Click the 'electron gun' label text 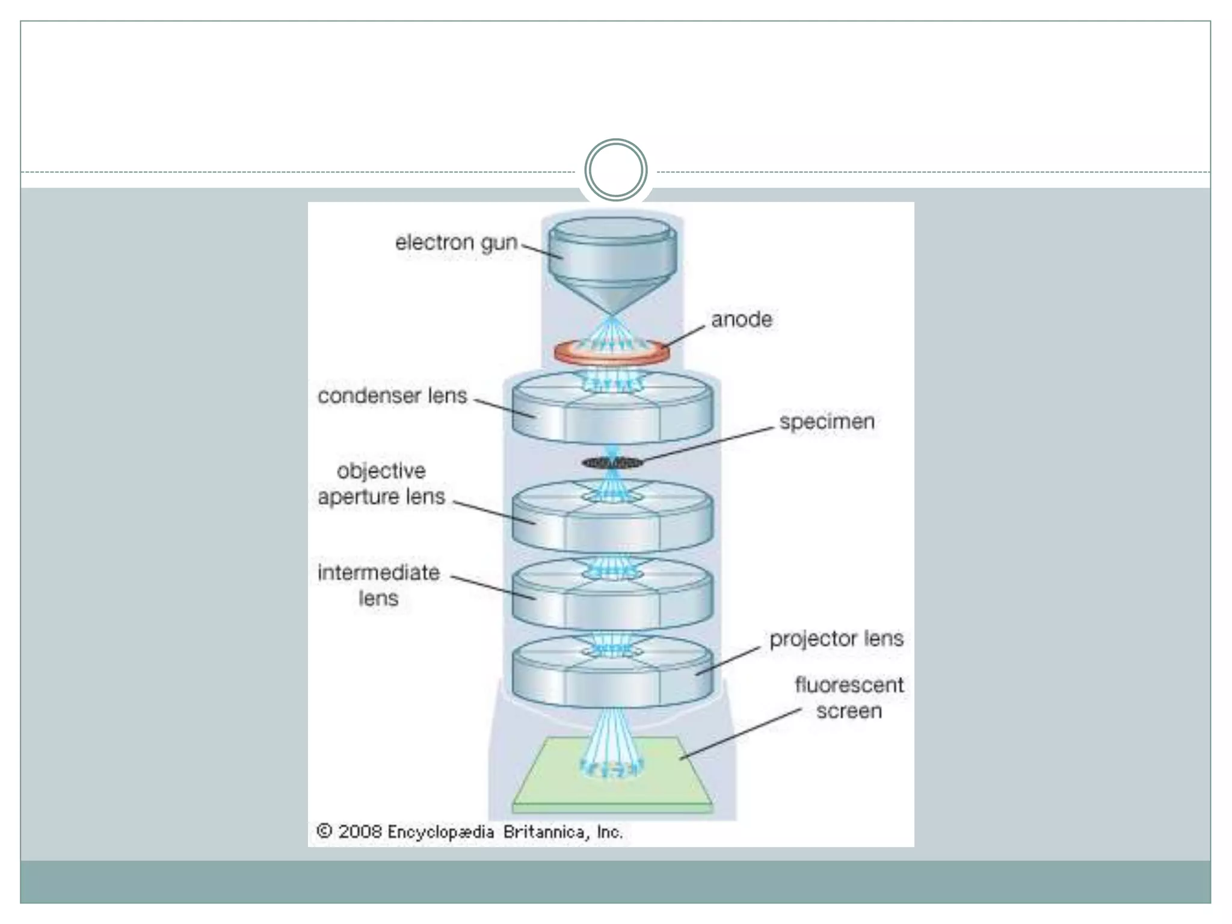coord(456,243)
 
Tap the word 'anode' coord(741,319)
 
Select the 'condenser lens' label coord(392,396)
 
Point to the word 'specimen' coord(827,422)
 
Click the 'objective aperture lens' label coord(381,484)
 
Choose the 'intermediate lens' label coord(378,585)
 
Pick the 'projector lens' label coord(836,639)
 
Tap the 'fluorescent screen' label coord(849,698)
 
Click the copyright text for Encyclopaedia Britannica coord(469,832)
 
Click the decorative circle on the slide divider coord(615,170)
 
